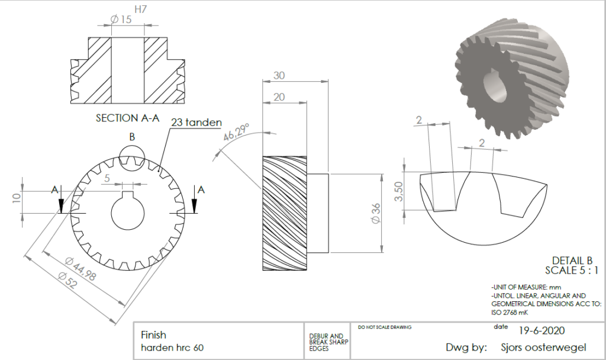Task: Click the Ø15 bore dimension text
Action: click(121, 20)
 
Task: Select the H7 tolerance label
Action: click(141, 9)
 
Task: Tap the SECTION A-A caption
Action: click(128, 118)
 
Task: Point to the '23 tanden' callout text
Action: click(196, 123)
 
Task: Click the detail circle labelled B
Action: click(132, 146)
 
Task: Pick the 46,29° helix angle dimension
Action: click(237, 132)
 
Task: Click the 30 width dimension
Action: click(279, 75)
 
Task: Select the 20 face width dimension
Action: click(279, 97)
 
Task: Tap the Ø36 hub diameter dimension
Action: click(376, 213)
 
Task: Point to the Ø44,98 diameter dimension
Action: click(80, 268)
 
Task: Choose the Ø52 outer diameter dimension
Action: click(67, 280)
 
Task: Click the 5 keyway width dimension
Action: click(107, 178)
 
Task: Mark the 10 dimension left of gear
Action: click(16, 198)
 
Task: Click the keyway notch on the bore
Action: click(128, 194)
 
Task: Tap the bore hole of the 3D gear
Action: click(495, 88)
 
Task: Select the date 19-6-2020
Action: click(542, 330)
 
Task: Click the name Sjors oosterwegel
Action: click(543, 347)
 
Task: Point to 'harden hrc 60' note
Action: click(172, 348)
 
